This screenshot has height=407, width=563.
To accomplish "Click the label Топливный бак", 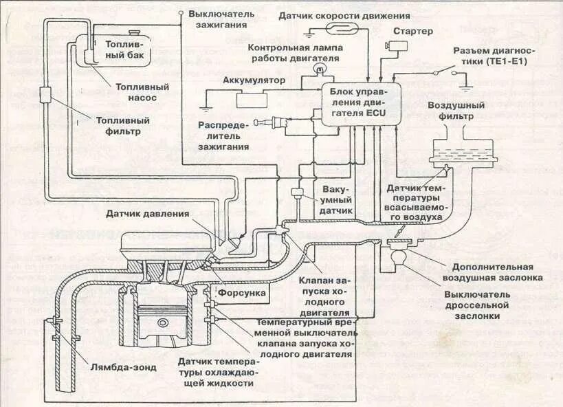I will click(x=125, y=50).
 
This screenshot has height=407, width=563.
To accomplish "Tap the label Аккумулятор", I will click(x=253, y=80).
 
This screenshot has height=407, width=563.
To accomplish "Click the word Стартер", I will click(x=412, y=32).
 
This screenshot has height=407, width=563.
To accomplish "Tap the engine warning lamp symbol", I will click(x=318, y=69).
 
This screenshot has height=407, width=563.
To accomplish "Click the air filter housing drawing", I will click(x=462, y=152).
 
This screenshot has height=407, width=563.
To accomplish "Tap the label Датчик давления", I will click(x=147, y=214).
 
